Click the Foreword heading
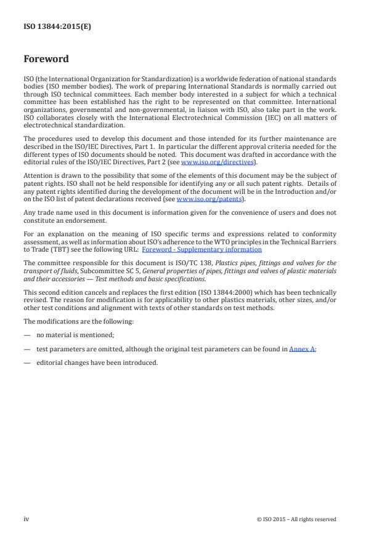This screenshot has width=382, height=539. coord(46,60)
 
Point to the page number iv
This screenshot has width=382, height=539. coord(26,519)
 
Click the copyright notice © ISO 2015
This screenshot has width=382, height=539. coord(296,519)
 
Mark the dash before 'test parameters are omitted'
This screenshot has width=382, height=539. coord(27,349)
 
